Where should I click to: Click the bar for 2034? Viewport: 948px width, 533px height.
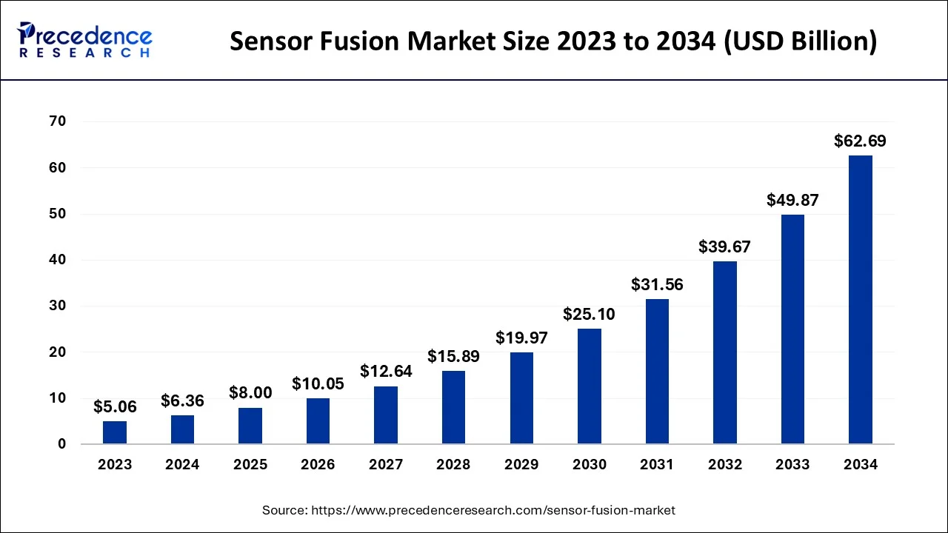(x=860, y=300)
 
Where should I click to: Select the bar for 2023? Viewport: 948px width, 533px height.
(x=115, y=432)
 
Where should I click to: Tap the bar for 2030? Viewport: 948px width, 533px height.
(x=589, y=386)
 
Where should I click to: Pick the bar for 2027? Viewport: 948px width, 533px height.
(x=386, y=415)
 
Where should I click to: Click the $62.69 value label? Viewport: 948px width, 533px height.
(x=860, y=141)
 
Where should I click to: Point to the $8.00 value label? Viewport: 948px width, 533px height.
(x=250, y=393)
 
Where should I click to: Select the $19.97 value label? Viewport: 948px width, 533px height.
(x=521, y=338)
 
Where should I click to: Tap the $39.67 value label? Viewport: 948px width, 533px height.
(x=724, y=247)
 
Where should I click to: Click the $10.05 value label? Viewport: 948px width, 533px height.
(x=318, y=383)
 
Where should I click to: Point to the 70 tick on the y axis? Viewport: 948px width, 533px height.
(x=58, y=121)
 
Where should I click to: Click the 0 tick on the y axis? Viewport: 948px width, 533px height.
(x=62, y=444)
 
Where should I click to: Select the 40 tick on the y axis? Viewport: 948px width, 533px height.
(x=58, y=260)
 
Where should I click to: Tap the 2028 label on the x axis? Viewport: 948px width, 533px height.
(x=453, y=465)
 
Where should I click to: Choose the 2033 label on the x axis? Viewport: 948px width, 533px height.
(x=792, y=465)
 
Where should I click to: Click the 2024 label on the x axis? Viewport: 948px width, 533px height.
(x=182, y=465)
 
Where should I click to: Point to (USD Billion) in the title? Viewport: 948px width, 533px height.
(x=798, y=41)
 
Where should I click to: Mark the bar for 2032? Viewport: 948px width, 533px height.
(x=724, y=352)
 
